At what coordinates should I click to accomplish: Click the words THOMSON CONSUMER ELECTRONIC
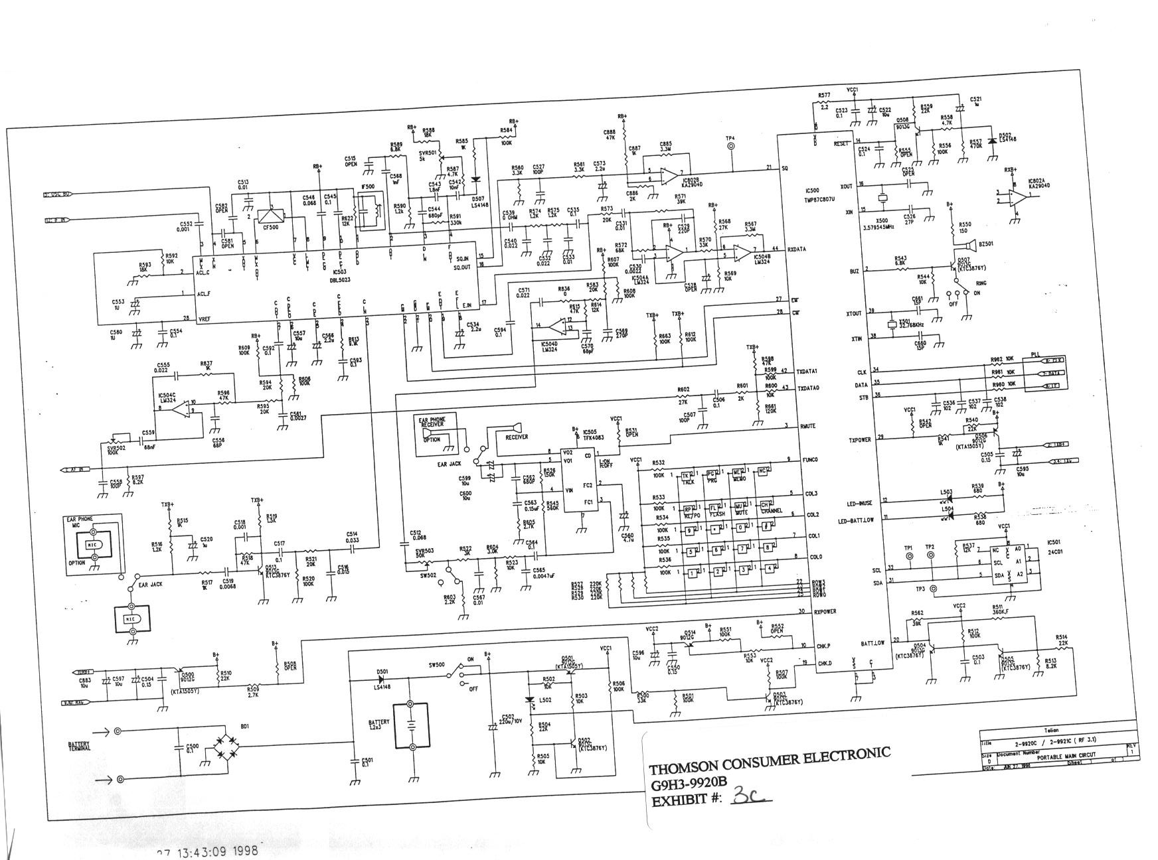coord(770,761)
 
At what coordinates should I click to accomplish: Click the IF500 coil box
coord(370,208)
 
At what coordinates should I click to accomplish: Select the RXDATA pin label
coord(797,250)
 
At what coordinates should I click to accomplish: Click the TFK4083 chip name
coord(592,438)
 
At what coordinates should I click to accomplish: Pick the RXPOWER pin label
coord(825,611)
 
